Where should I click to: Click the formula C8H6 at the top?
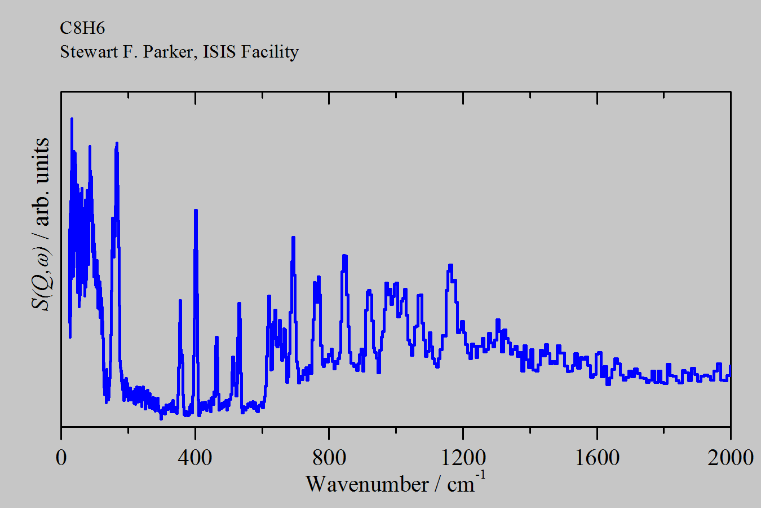click(82, 28)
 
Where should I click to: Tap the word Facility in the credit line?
click(269, 51)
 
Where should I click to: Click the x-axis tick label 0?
click(61, 457)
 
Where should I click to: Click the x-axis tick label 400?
click(195, 457)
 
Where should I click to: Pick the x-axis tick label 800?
click(329, 457)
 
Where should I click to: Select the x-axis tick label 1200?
click(463, 457)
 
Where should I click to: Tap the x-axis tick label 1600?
click(597, 457)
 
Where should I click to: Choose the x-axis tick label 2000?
click(731, 457)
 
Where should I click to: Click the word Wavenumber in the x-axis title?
click(367, 484)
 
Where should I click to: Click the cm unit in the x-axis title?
click(461, 484)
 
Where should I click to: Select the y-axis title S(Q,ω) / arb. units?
click(41, 224)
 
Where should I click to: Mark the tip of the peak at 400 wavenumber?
click(196, 211)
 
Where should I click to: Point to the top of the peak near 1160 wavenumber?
click(450, 265)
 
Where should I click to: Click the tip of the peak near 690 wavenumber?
click(293, 237)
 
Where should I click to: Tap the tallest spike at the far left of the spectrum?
click(72, 119)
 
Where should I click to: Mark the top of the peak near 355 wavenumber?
click(180, 300)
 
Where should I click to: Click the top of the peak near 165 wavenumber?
click(117, 143)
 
